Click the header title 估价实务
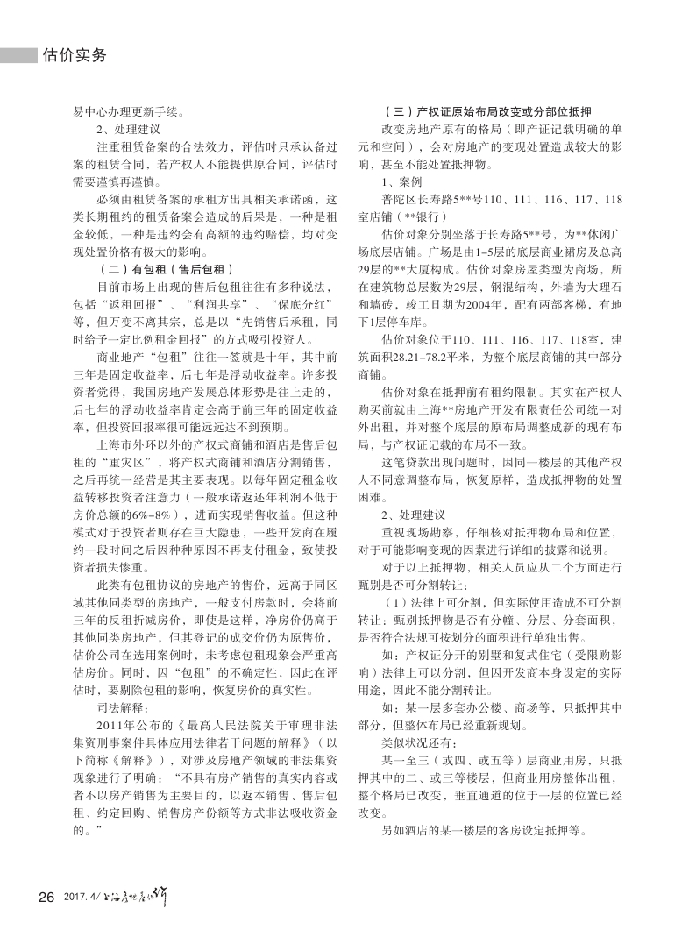click(x=74, y=55)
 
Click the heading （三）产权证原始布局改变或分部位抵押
click(x=487, y=111)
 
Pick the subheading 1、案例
click(x=401, y=181)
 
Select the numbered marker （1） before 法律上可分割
click(x=394, y=602)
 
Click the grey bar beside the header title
click(x=18, y=55)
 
